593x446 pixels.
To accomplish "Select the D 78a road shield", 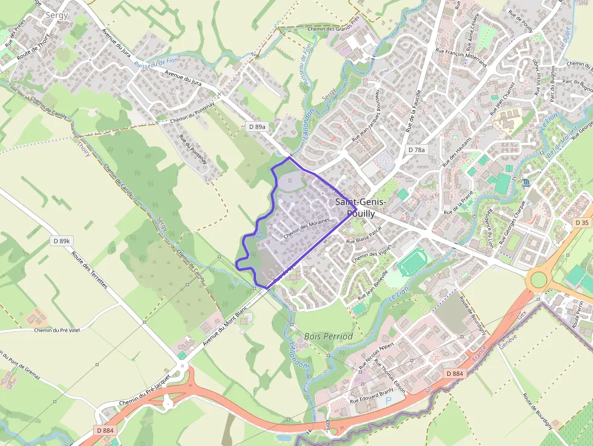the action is point(416,149).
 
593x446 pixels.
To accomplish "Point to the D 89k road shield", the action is point(62,241).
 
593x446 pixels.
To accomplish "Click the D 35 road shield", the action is point(582,223).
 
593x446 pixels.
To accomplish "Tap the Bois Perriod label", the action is point(329,336).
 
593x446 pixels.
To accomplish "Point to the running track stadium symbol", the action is point(412,262).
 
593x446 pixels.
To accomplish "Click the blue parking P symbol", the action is point(388,400).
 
